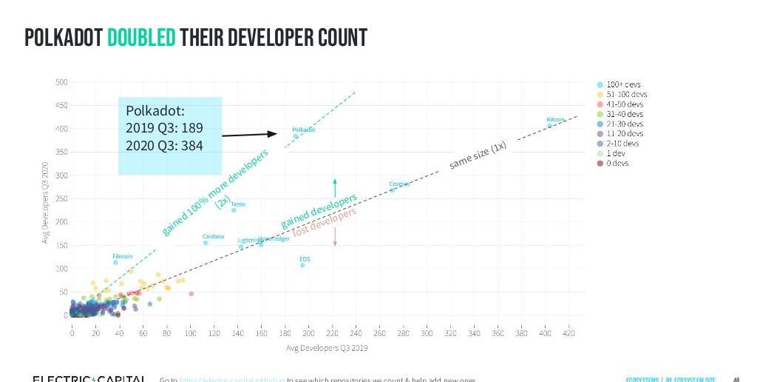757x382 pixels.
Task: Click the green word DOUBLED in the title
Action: tap(141, 38)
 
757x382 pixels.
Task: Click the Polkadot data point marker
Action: tap(296, 136)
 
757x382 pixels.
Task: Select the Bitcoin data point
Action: tap(549, 125)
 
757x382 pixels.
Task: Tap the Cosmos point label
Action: tap(399, 184)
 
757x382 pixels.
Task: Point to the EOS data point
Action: tap(302, 265)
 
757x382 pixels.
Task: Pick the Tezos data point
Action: tap(234, 210)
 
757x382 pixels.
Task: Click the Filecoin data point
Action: tap(116, 262)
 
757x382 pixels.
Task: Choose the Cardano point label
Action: tap(213, 236)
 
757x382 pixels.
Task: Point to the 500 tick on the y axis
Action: tap(61, 81)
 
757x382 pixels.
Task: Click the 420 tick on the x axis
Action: tap(568, 334)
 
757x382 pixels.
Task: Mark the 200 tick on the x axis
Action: tap(308, 334)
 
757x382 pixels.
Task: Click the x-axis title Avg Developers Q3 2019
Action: tap(326, 348)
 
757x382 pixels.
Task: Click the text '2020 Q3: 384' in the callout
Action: tap(164, 145)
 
